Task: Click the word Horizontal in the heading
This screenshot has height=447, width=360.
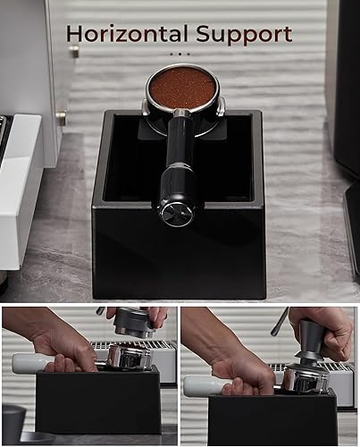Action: pos(128,33)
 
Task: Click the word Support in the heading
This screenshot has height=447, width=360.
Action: pos(244,35)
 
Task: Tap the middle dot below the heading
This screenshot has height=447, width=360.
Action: pos(180,54)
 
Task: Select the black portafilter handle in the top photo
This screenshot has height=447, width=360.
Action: pos(178,167)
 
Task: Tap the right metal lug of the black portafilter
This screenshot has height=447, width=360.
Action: pos(221,107)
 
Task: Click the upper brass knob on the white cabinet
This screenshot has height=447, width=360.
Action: pos(74,50)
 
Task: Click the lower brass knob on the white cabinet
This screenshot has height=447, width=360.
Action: pos(62,117)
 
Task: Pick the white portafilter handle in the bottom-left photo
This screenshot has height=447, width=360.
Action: pos(33,362)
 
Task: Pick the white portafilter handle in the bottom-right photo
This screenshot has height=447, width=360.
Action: pos(204,385)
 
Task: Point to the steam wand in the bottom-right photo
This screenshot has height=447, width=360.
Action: pos(280,322)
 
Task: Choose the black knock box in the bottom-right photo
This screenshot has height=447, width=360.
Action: pos(272,418)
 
